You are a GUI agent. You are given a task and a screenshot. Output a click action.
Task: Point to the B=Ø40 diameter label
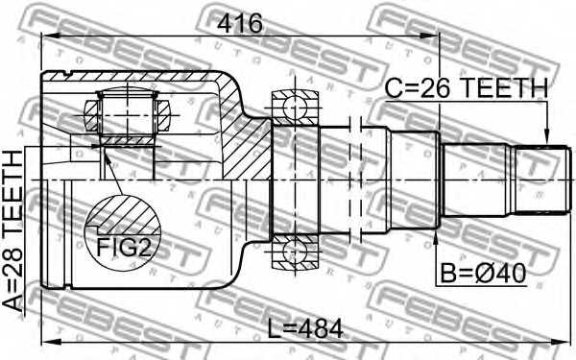click(484, 274)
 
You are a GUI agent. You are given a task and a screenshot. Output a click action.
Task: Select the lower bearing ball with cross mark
click(287, 252)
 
